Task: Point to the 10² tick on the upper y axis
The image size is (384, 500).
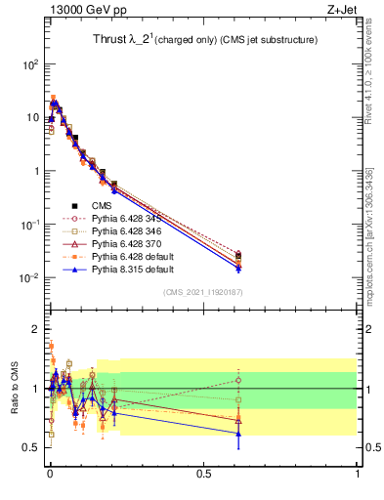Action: click(30, 64)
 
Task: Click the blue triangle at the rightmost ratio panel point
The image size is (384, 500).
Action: click(238, 434)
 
